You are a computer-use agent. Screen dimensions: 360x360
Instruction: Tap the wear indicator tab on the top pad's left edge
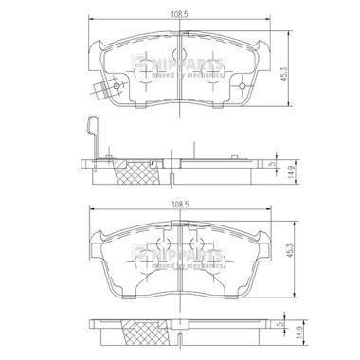coord(101,90)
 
